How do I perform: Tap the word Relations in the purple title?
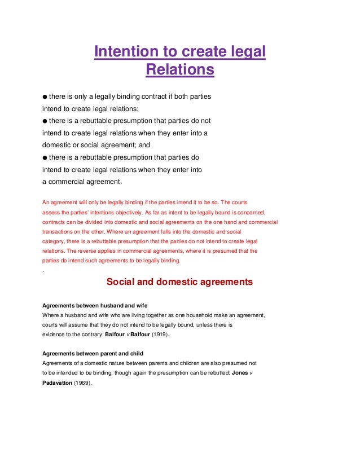coord(180,71)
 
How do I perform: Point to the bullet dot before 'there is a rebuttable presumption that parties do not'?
coord(45,121)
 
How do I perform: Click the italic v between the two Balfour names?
coord(128,335)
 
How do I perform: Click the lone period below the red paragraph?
coord(44,271)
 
